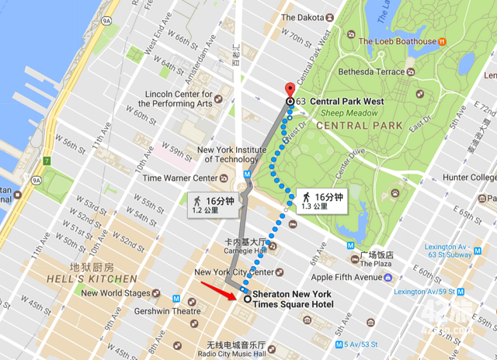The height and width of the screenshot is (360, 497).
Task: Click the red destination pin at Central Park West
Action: pos(290,88)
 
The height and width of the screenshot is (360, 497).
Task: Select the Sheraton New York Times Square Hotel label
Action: pos(292,299)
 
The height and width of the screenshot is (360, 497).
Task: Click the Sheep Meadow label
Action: pos(345,112)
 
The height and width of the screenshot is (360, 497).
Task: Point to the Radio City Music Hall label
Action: pos(236,350)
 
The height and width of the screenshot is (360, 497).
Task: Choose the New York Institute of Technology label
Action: pos(236,154)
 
